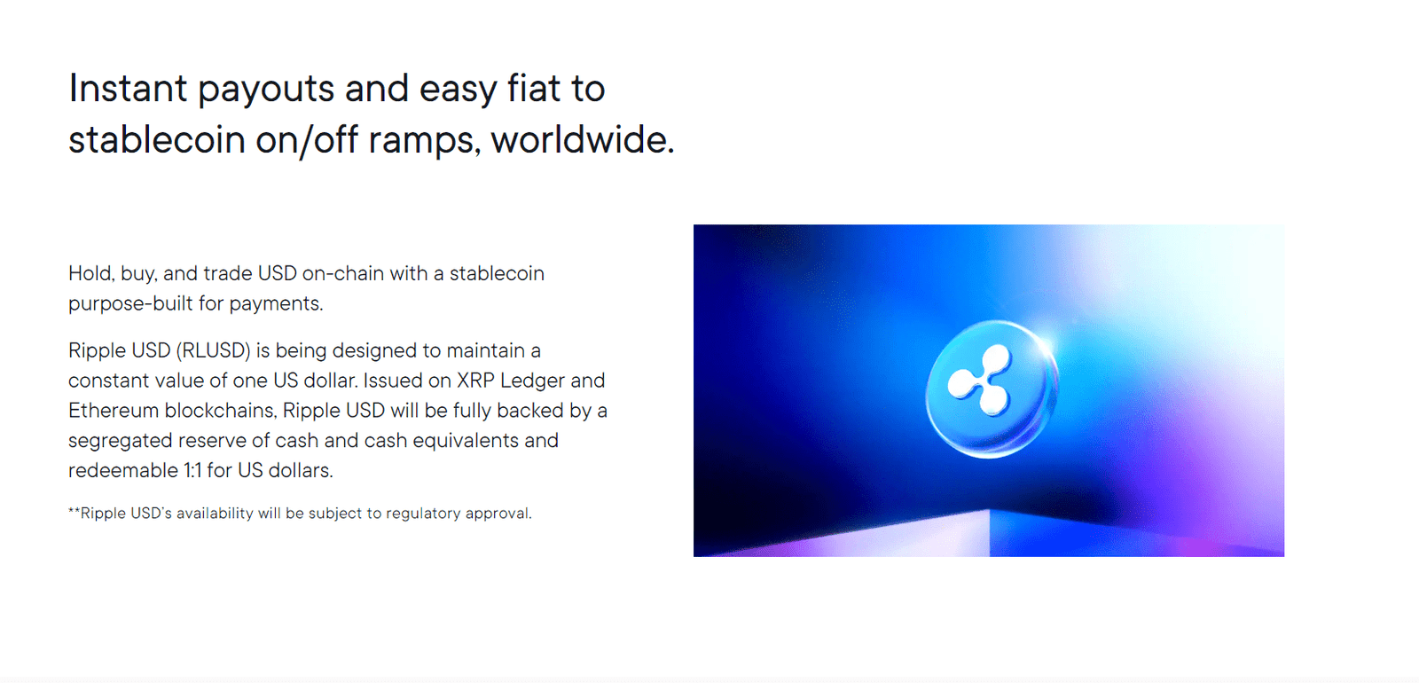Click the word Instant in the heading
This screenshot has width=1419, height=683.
[x=128, y=89]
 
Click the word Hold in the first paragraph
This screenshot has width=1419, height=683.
[x=90, y=273]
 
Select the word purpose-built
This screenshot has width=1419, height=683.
[x=130, y=303]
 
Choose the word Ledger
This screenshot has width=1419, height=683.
[x=532, y=381]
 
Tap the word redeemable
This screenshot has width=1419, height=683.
[x=123, y=470]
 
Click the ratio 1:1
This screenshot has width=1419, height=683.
[x=192, y=470]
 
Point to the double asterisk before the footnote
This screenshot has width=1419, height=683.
[x=74, y=512]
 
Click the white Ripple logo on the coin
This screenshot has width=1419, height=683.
[x=980, y=381]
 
